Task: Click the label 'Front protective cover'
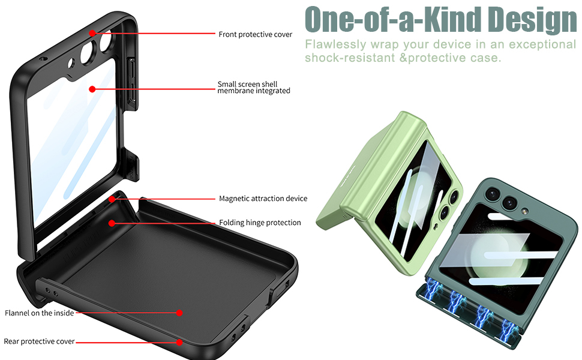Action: (255, 35)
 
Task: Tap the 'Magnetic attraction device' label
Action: (263, 199)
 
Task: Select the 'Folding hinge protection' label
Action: (260, 223)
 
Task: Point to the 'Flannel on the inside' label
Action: (39, 313)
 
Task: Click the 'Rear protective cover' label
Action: (39, 341)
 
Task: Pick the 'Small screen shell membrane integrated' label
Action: (254, 88)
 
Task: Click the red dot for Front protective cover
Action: (92, 33)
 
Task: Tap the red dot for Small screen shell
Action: (92, 89)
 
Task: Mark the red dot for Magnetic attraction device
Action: (112, 199)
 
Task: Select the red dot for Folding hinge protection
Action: (112, 223)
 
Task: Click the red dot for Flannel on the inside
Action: (179, 313)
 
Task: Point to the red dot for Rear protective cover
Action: (179, 342)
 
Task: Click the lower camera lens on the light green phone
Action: (445, 212)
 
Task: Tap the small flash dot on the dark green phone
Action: (524, 211)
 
